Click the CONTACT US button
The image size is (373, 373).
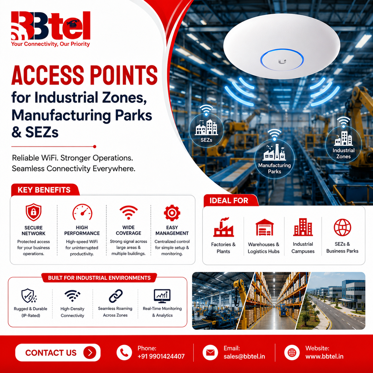click(58, 352)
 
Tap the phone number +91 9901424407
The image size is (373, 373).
click(161, 356)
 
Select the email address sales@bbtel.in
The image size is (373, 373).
click(244, 356)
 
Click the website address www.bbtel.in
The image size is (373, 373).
click(325, 356)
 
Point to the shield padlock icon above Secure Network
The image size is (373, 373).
click(34, 212)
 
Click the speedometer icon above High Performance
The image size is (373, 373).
click(82, 212)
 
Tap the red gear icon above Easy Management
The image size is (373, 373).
click(172, 213)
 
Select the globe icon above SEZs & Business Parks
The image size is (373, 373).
click(342, 228)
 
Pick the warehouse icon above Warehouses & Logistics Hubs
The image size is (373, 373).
click(264, 227)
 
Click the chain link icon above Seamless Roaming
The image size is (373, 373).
click(115, 296)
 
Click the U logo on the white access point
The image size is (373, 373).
click(282, 62)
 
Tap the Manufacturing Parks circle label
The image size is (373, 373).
click(275, 168)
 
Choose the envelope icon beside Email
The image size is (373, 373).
click(210, 352)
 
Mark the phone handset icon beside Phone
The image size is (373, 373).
click(124, 352)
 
